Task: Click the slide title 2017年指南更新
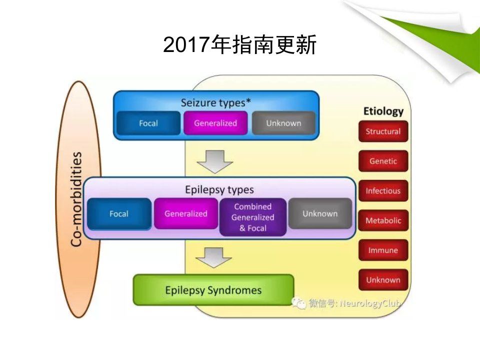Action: tap(239, 44)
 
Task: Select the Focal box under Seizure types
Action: tap(148, 123)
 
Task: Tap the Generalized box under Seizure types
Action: tap(215, 123)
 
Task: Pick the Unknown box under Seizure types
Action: tap(283, 123)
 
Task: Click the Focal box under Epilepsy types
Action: tap(119, 213)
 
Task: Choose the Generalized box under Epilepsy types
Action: tap(186, 213)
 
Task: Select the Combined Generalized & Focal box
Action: tap(253, 217)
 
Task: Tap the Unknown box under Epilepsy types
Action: tap(320, 213)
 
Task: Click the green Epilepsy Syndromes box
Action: tap(213, 290)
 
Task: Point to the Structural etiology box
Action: tap(383, 131)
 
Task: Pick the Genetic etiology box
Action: tap(383, 161)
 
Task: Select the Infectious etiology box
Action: tap(383, 190)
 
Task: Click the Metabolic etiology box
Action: tap(383, 220)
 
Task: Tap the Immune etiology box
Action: tap(383, 250)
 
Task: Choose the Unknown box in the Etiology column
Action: tap(383, 280)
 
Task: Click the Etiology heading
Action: tap(383, 111)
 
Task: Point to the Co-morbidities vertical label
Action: tap(76, 199)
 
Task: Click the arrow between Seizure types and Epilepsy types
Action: tap(215, 161)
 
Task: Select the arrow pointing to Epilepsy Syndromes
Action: tap(213, 257)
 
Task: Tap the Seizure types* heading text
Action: tap(216, 103)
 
